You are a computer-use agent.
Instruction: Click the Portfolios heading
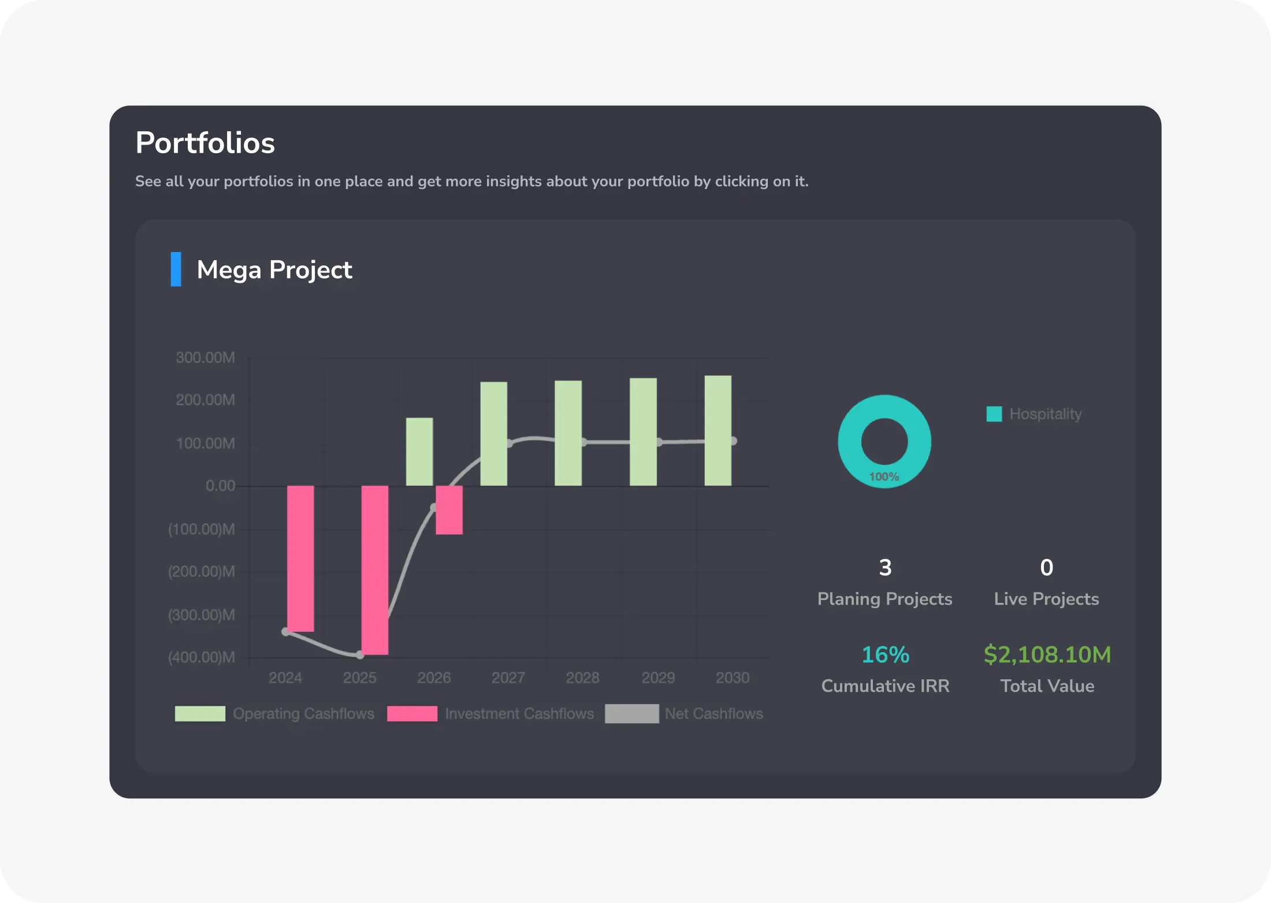[x=205, y=143]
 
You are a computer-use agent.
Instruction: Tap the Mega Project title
[x=274, y=270]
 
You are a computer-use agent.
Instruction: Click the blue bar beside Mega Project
[x=176, y=269]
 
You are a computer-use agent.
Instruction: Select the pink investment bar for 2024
[x=300, y=558]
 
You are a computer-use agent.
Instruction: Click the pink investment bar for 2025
[x=374, y=570]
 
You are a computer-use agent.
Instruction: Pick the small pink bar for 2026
[x=449, y=510]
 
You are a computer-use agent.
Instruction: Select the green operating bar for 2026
[x=419, y=451]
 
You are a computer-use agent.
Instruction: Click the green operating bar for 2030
[x=718, y=431]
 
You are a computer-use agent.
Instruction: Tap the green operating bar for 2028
[x=568, y=433]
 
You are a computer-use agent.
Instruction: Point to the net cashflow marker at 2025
[x=359, y=655]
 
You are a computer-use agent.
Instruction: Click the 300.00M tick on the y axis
[x=205, y=358]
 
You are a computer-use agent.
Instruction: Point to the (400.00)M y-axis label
[x=201, y=657]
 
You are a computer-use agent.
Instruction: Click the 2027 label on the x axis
[x=508, y=678]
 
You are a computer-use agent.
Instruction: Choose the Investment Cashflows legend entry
[x=519, y=714]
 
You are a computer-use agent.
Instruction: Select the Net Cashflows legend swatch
[x=631, y=714]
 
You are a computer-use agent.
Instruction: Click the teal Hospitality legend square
[x=994, y=414]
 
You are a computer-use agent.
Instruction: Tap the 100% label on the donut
[x=884, y=477]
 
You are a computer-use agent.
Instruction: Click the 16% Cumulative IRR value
[x=885, y=655]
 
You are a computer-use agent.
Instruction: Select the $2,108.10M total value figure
[x=1047, y=655]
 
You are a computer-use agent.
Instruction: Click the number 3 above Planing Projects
[x=885, y=568]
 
